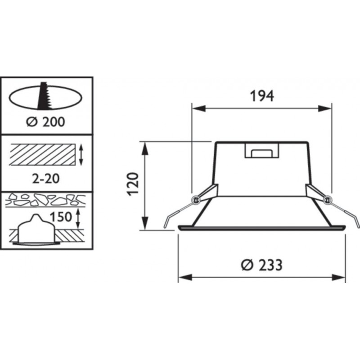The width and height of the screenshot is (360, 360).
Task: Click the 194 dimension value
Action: [261, 96]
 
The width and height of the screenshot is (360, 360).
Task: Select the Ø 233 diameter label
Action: [261, 265]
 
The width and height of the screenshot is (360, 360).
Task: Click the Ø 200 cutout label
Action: [46, 121]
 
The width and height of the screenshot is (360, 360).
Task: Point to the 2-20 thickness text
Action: [46, 178]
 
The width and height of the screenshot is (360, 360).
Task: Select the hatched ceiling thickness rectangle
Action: [41, 154]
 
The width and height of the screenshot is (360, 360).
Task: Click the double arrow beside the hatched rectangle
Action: [81, 154]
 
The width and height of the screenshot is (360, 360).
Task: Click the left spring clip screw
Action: [195, 199]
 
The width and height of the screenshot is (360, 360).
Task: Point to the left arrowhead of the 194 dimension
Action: [196, 108]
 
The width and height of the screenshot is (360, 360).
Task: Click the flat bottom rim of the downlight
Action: [262, 228]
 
